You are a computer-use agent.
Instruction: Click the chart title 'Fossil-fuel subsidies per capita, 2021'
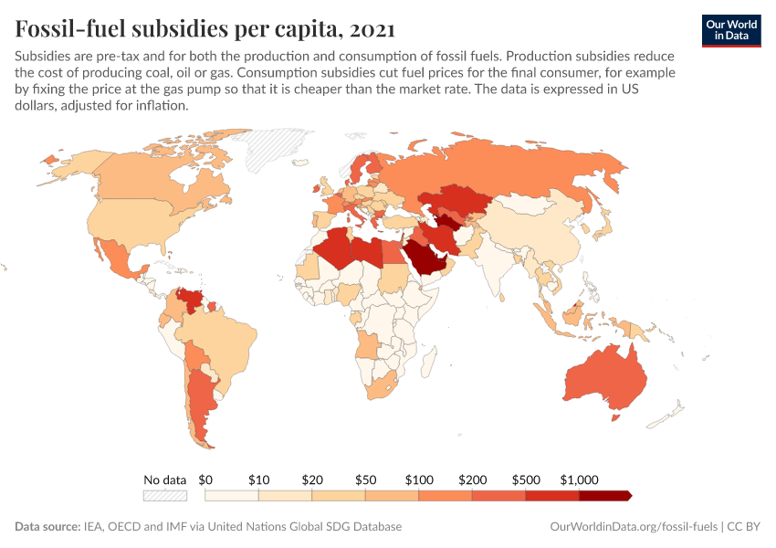coord(204,29)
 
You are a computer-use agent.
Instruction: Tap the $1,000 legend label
coord(580,479)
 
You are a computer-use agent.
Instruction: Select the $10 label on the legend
coord(258,479)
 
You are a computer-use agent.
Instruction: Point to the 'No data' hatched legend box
coord(165,496)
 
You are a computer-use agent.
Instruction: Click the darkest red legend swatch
coord(604,496)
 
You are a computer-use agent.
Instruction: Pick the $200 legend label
coord(472,479)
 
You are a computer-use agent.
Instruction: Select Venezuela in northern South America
coord(192,300)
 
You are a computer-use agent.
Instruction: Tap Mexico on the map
coord(114,257)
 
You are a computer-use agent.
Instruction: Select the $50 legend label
coord(365,479)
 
